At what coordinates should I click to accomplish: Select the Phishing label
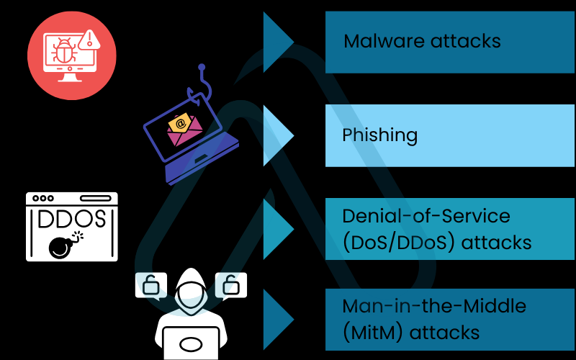379,135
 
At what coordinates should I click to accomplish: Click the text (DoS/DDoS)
399,242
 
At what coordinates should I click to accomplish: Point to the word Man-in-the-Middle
434,306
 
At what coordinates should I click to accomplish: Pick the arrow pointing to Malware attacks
277,42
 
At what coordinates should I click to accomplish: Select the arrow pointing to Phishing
277,135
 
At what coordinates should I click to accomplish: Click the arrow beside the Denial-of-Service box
277,228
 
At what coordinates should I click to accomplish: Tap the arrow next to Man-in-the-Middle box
277,319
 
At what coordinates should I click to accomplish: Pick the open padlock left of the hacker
151,286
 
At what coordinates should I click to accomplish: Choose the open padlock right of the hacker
231,286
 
